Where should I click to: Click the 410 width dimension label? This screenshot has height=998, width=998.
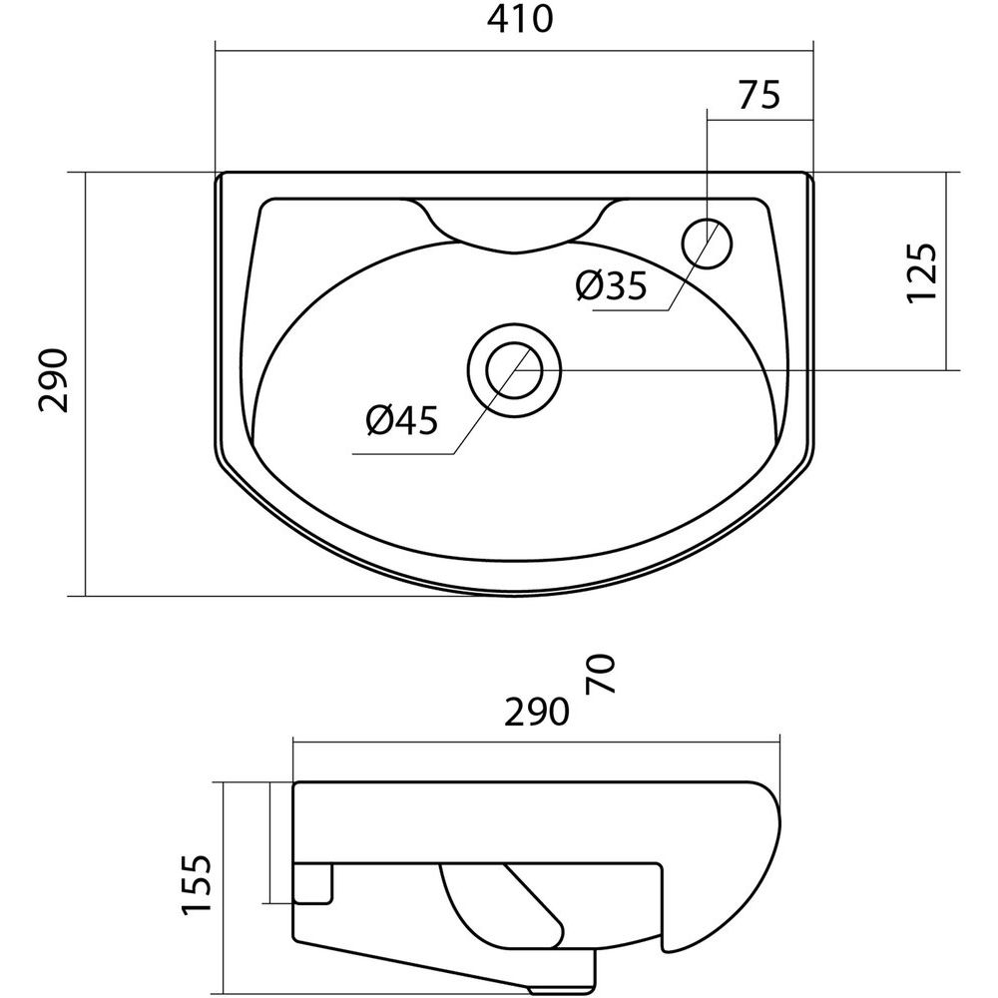pos(520,20)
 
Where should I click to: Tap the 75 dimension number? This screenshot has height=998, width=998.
pos(758,95)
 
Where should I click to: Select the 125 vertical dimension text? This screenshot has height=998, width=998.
pos(921,271)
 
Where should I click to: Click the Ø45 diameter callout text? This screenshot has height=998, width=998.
pos(402,420)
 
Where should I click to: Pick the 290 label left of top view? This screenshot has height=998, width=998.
pos(54,380)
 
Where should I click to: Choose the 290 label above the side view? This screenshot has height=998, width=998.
pos(537,712)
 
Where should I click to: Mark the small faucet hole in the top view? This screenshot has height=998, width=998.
pos(708,245)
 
